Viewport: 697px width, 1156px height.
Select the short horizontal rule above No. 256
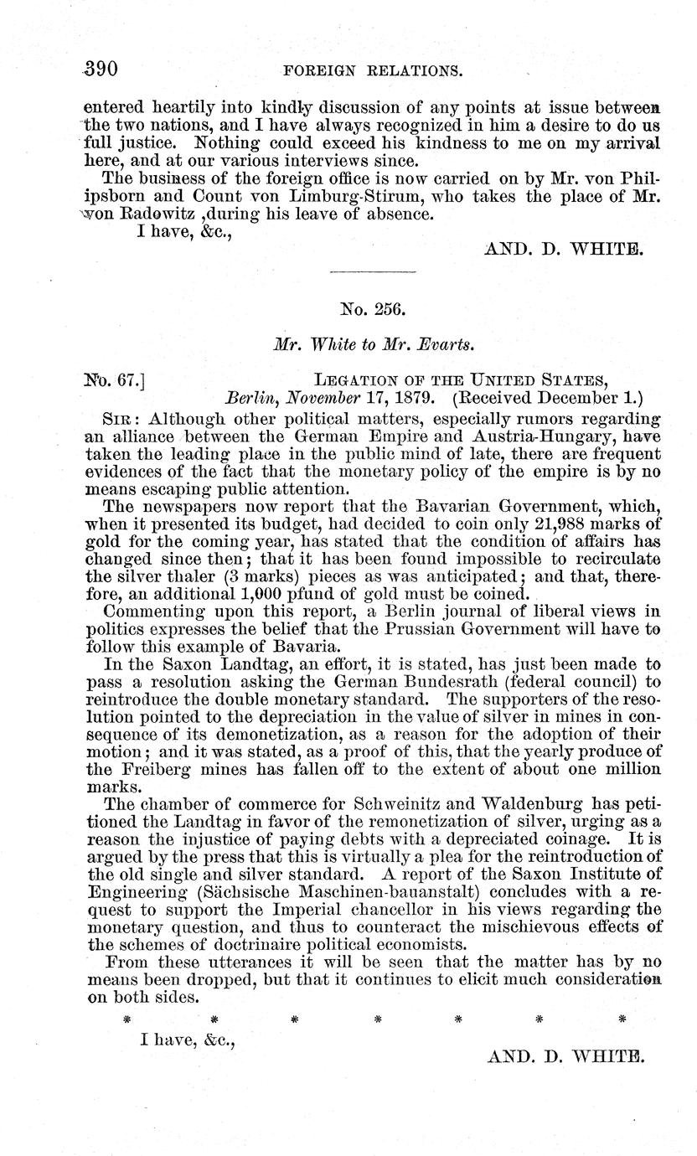pos(373,271)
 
